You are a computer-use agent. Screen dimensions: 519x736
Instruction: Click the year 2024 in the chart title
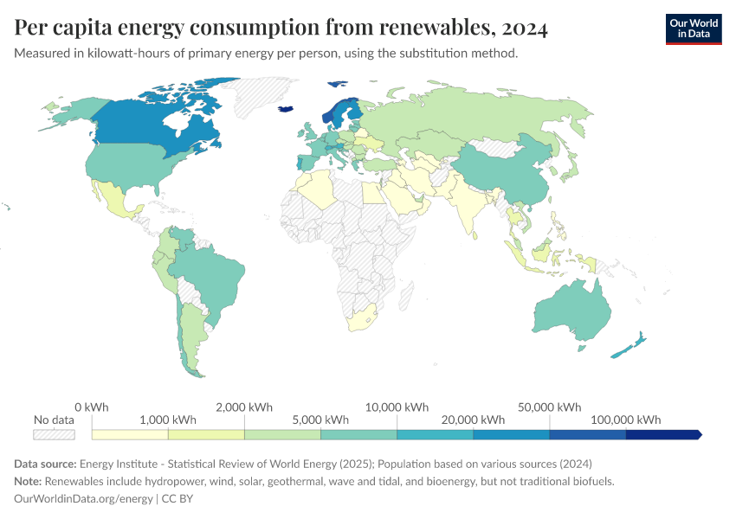click(x=524, y=29)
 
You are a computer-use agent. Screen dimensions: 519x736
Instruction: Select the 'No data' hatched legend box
click(x=54, y=434)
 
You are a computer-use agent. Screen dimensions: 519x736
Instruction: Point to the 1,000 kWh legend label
click(x=167, y=420)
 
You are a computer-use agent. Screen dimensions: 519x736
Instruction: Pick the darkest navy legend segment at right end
click(x=662, y=434)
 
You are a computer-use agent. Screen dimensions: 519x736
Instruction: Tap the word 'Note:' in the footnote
click(x=29, y=481)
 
